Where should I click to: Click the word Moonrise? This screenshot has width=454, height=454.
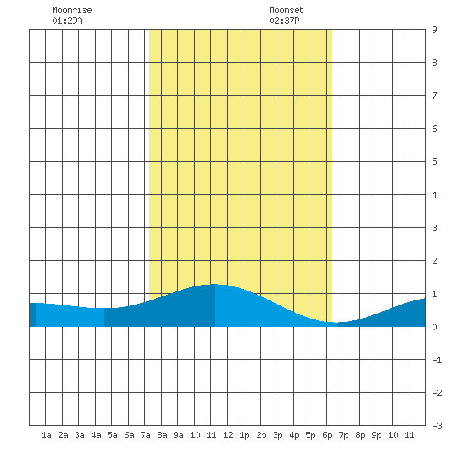point(72,10)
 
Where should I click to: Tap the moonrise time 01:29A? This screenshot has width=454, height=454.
point(67,21)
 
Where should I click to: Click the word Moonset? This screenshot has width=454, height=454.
point(286,10)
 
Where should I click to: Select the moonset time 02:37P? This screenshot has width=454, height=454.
point(284,21)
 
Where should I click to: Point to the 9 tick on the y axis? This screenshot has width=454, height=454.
point(434,30)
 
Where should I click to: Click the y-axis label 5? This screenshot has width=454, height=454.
point(434,162)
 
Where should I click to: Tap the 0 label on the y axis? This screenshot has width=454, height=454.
point(434,327)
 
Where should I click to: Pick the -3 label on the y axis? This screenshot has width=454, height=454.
point(437,426)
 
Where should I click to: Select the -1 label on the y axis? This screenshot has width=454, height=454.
point(437,360)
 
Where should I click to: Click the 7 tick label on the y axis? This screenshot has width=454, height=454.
point(434,96)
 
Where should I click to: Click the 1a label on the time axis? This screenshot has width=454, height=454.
point(46,435)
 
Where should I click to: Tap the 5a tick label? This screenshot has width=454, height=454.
point(112,435)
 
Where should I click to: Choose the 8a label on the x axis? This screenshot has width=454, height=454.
point(162,435)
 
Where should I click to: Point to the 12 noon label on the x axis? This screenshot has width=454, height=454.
point(228,435)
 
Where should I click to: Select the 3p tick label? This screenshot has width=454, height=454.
point(277,435)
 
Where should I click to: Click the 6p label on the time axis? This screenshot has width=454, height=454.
point(327,435)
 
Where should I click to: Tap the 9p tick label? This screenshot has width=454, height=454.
point(376,435)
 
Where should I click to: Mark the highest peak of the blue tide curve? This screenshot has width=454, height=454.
point(214,284)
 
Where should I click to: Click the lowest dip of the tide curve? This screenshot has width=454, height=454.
point(336,323)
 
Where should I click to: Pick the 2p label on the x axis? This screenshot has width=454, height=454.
point(261,435)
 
